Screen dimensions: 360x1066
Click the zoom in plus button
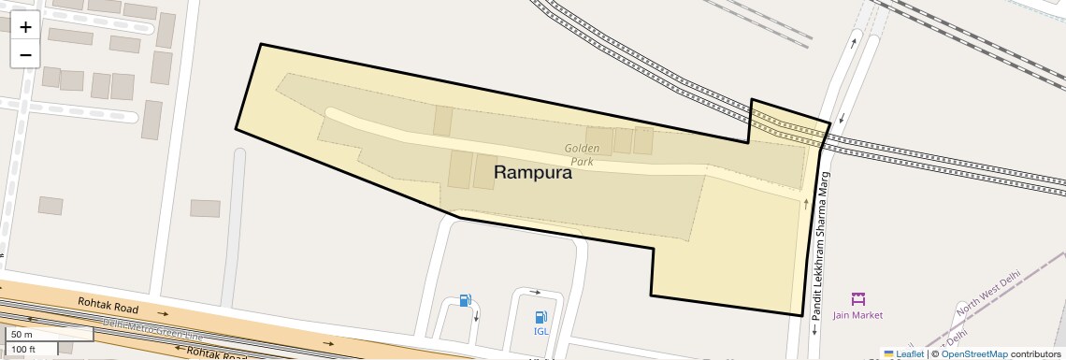25,27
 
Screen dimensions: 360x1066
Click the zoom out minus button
25,54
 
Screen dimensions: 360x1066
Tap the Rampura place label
532,172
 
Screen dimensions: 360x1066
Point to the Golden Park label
581,154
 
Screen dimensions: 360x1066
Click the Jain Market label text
857,315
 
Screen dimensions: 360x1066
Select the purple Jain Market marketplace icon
858,298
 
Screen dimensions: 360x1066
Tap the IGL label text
541,331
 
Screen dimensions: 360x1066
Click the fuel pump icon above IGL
540,317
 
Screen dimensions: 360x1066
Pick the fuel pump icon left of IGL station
465,300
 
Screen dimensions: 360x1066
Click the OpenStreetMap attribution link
973,353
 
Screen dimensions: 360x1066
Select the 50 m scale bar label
22,335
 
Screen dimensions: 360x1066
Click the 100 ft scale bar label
24,349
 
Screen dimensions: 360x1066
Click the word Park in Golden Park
582,162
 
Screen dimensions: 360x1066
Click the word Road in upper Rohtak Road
124,309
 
